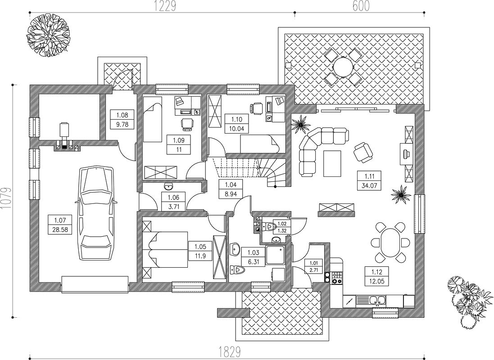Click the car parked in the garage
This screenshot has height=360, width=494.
pyautogui.click(x=96, y=213)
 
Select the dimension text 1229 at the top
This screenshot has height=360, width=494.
pyautogui.click(x=164, y=6)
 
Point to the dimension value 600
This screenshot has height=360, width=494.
pyautogui.click(x=361, y=6)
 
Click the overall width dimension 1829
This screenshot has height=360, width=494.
pyautogui.click(x=230, y=351)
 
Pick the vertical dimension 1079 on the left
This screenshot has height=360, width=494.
pyautogui.click(x=6, y=198)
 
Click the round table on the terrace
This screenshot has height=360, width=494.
pyautogui.click(x=344, y=67)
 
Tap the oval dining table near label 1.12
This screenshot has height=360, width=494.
pyautogui.click(x=391, y=243)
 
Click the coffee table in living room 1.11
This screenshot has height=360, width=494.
pyautogui.click(x=332, y=164)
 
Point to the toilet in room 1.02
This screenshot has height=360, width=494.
pyautogui.click(x=268, y=226)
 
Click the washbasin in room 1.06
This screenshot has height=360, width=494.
pyautogui.click(x=168, y=187)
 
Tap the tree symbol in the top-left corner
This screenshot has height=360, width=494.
pyautogui.click(x=48, y=34)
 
